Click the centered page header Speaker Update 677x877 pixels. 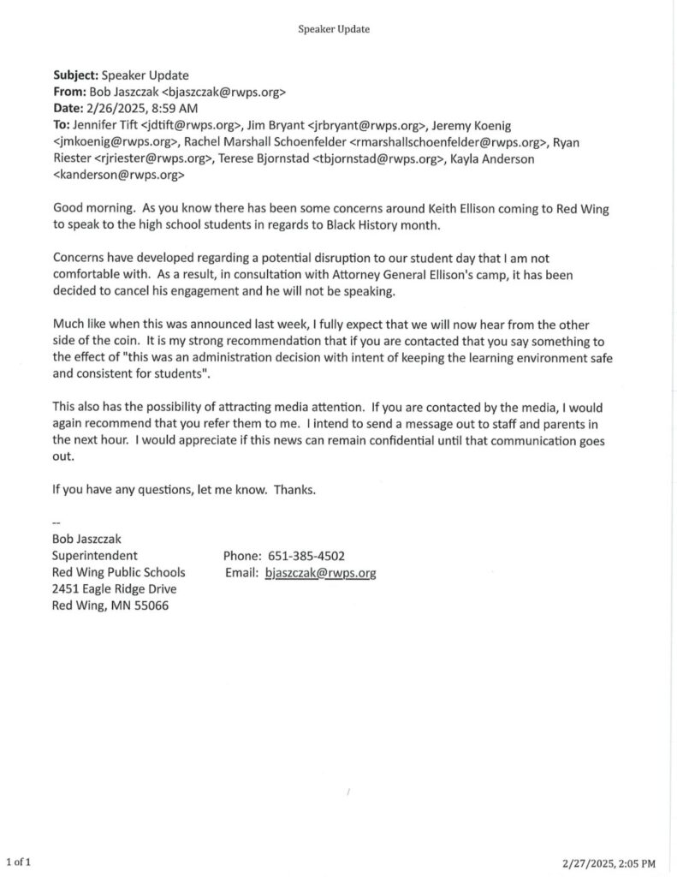pyautogui.click(x=334, y=29)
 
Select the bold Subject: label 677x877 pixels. pyautogui.click(x=76, y=75)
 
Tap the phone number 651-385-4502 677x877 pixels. pyautogui.click(x=306, y=556)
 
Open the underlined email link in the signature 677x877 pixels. pyautogui.click(x=321, y=573)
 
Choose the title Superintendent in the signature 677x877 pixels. pyautogui.click(x=95, y=556)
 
